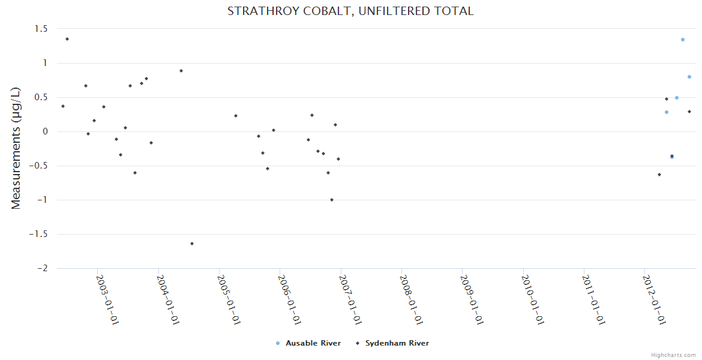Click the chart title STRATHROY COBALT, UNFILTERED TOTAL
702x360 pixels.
tap(350, 11)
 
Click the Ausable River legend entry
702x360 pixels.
tap(313, 343)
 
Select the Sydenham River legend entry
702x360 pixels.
tap(397, 343)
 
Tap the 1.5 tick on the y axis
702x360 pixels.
tap(41, 29)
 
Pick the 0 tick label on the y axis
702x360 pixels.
tap(44, 132)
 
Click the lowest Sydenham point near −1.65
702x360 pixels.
tap(192, 244)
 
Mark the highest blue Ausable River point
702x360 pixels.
tap(682, 40)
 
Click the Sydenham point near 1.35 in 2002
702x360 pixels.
tap(67, 39)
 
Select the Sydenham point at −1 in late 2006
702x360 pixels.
tap(332, 200)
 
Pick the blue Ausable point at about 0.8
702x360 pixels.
tap(689, 77)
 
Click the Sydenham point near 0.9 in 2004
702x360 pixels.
tap(181, 71)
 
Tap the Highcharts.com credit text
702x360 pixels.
tap(673, 355)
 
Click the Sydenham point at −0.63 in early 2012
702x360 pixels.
tap(659, 175)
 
